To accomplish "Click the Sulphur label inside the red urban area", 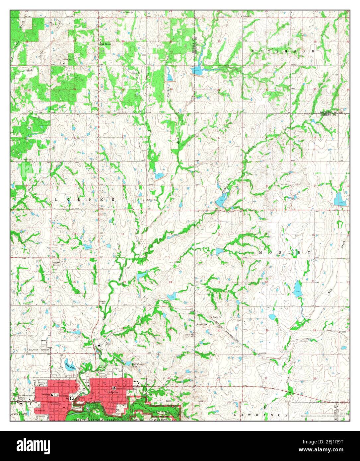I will point(113,391).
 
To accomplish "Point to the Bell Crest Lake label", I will point(134,365).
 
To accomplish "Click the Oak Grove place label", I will point(106,44).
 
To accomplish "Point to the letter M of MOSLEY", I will point(260,253).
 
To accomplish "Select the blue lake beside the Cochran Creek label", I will point(221,201).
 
